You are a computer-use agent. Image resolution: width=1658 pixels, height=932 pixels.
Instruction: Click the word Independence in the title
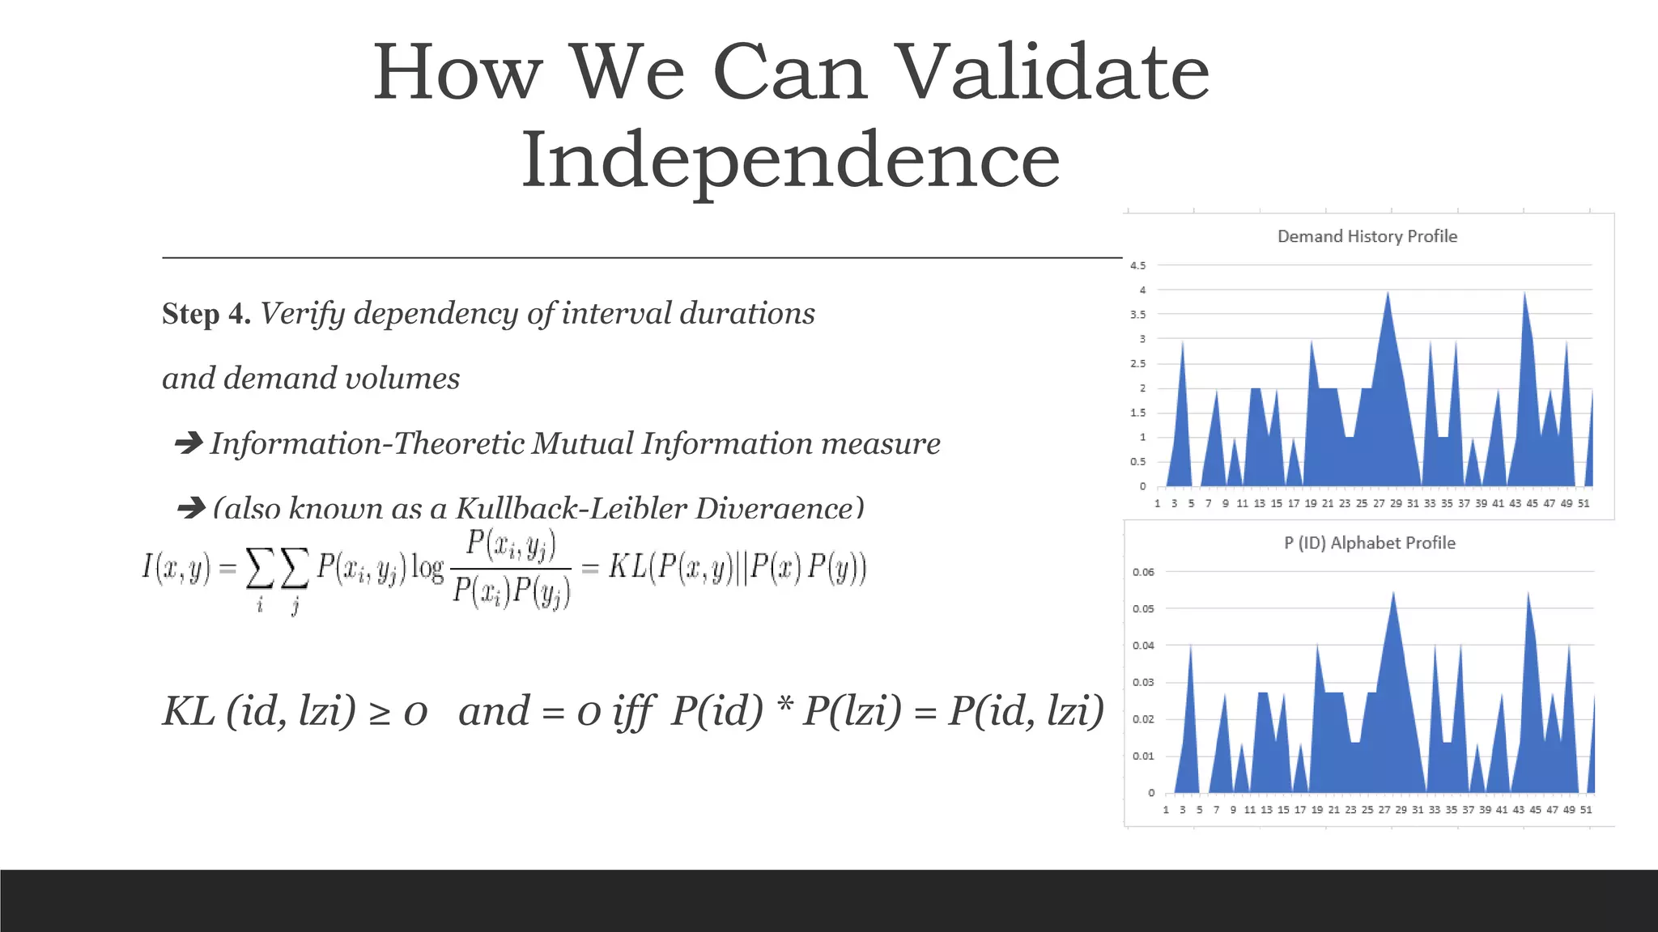790,160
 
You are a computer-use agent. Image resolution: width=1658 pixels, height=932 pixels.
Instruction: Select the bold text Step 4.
206,314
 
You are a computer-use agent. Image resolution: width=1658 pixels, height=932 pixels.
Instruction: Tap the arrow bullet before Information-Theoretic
189,443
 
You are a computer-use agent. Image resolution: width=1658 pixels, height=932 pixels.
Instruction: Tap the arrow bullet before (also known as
191,508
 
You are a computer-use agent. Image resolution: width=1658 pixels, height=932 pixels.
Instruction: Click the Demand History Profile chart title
1367,236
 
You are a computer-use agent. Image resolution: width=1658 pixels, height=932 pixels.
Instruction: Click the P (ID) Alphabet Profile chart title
1369,543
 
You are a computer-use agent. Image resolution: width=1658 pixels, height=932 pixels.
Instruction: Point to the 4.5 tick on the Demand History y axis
1137,265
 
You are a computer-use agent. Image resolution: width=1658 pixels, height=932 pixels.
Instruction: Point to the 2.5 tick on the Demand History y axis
1137,363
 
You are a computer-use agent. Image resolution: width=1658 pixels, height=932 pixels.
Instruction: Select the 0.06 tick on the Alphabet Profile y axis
1143,572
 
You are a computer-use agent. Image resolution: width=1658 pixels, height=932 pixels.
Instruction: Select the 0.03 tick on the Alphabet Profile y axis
1143,682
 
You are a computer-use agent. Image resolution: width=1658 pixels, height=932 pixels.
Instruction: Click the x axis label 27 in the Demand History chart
1379,503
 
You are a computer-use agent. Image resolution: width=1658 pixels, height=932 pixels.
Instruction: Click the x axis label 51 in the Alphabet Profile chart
1586,810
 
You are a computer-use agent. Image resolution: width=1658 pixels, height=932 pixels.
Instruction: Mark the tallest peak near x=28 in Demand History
1388,294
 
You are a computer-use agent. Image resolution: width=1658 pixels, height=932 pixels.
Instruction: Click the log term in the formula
427,568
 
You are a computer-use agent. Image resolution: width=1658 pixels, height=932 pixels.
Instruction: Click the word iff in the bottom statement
632,712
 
